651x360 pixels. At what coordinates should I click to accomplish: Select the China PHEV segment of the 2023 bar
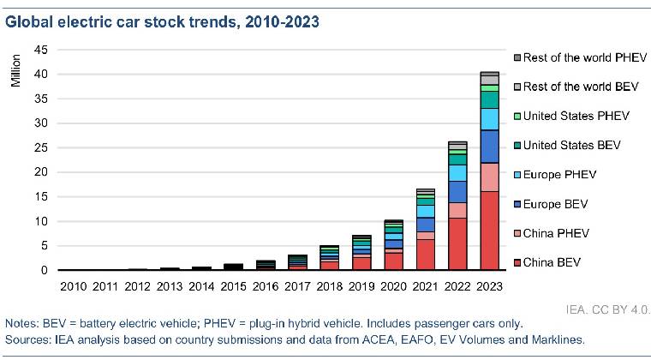click(489, 177)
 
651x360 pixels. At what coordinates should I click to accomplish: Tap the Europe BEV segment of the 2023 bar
click(489, 146)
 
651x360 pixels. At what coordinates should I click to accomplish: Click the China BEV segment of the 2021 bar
click(426, 255)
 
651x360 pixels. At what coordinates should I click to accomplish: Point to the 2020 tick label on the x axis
click(393, 285)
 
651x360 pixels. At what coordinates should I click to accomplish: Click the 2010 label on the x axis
click(74, 285)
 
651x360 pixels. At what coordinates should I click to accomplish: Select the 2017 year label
click(297, 285)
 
